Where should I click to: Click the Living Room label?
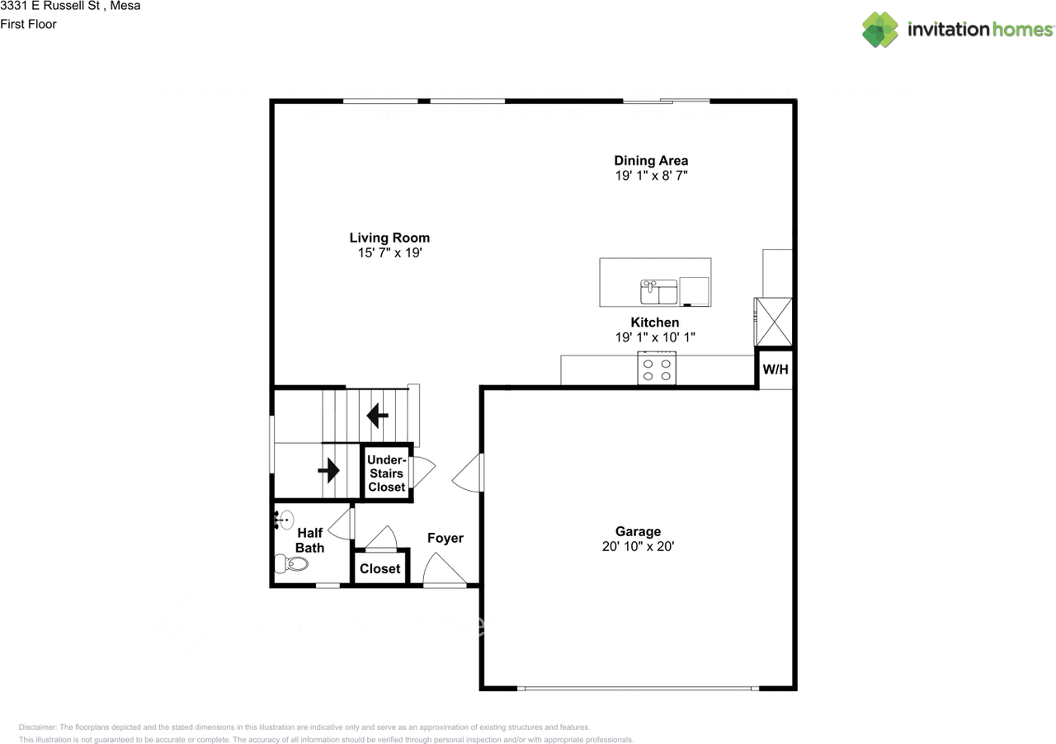pyautogui.click(x=389, y=238)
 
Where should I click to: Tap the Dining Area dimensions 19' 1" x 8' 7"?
pyautogui.click(x=650, y=176)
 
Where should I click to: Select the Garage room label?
pyautogui.click(x=638, y=531)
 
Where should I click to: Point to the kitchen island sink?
pyautogui.click(x=658, y=292)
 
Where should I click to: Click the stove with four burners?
pyautogui.click(x=657, y=368)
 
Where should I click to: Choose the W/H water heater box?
pyautogui.click(x=775, y=370)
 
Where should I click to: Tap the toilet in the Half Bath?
pyautogui.click(x=291, y=564)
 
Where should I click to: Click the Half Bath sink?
pyautogui.click(x=284, y=520)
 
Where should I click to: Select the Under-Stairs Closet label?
pyautogui.click(x=386, y=473)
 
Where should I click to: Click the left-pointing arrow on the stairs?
pyautogui.click(x=378, y=415)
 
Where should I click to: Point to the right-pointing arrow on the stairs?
pyautogui.click(x=329, y=471)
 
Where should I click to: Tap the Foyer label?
pyautogui.click(x=445, y=538)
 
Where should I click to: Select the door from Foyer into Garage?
pyautogui.click(x=469, y=473)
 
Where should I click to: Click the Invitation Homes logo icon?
pyautogui.click(x=880, y=30)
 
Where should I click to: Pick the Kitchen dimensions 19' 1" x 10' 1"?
pyautogui.click(x=655, y=337)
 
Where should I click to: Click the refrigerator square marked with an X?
pyautogui.click(x=775, y=322)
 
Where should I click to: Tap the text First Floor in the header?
pyautogui.click(x=28, y=24)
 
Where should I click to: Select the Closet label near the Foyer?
pyautogui.click(x=379, y=568)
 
